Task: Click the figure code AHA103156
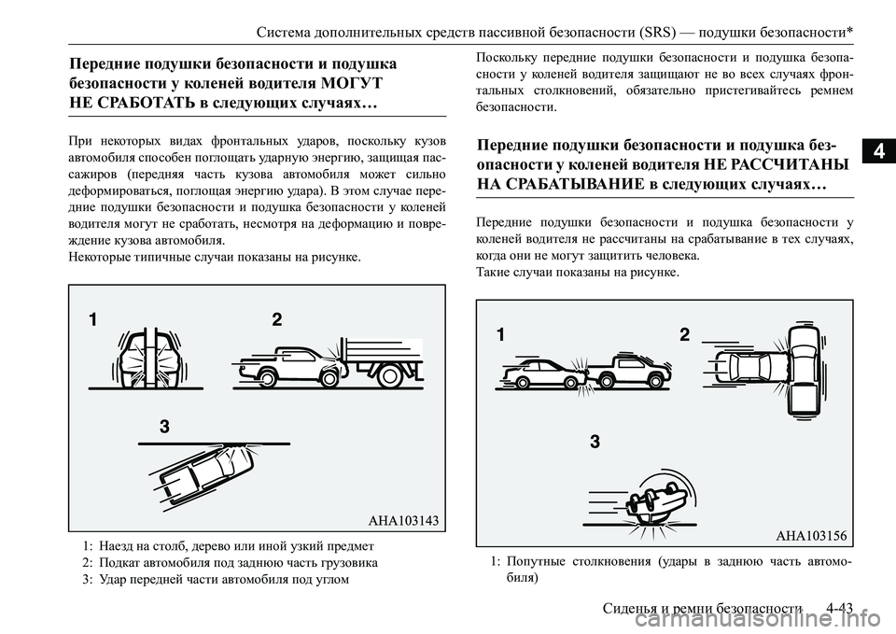pyautogui.click(x=810, y=535)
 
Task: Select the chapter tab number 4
pyautogui.click(x=880, y=148)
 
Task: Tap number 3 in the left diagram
pyautogui.click(x=164, y=427)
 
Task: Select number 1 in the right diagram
pyautogui.click(x=500, y=335)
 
